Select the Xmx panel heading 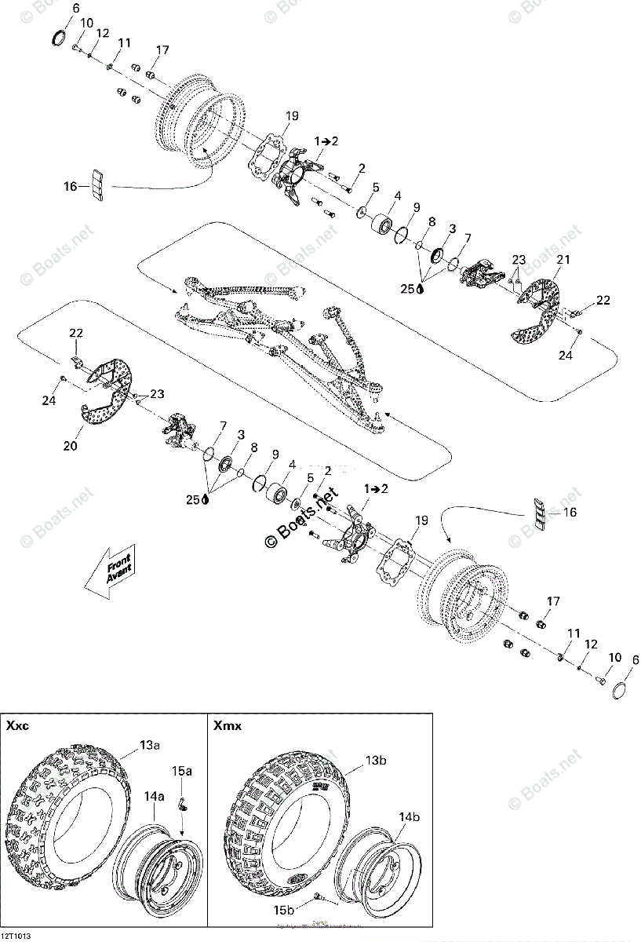227,726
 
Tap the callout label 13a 151,745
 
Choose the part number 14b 410,817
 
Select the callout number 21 563,260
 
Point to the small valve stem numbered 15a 181,801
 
